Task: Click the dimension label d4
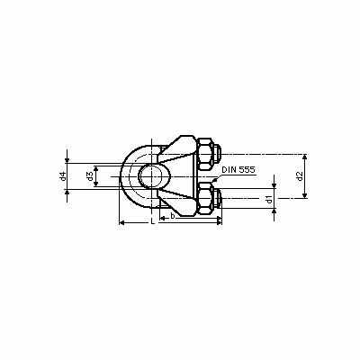63,176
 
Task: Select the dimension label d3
89,176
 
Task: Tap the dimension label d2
299,176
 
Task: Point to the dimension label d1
269,199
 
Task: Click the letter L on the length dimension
153,221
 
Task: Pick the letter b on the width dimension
172,216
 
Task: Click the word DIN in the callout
229,170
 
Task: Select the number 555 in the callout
247,170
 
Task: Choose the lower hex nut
205,199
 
